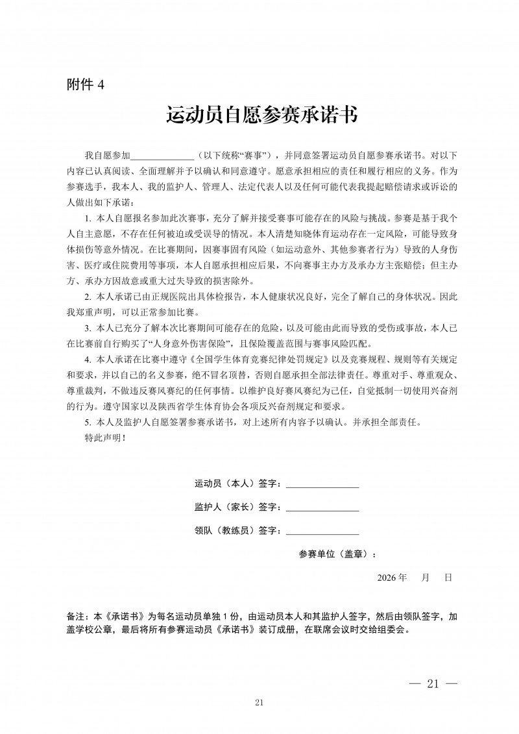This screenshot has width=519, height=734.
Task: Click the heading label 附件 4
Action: [x=85, y=84]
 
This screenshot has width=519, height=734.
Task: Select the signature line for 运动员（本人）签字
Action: [x=322, y=484]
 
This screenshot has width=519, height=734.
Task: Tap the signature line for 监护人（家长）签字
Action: [x=322, y=508]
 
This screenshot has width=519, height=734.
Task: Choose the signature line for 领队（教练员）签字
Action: [x=322, y=531]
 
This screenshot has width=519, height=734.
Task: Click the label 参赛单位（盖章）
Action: [x=337, y=554]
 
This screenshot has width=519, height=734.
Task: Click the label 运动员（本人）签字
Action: [x=237, y=484]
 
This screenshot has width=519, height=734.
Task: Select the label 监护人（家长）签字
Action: [x=237, y=508]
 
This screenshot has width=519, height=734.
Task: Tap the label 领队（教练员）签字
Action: [x=237, y=531]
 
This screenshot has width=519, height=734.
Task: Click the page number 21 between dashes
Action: [x=434, y=683]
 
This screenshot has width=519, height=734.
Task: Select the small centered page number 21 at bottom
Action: [x=259, y=703]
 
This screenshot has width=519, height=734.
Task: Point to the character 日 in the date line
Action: [x=448, y=577]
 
